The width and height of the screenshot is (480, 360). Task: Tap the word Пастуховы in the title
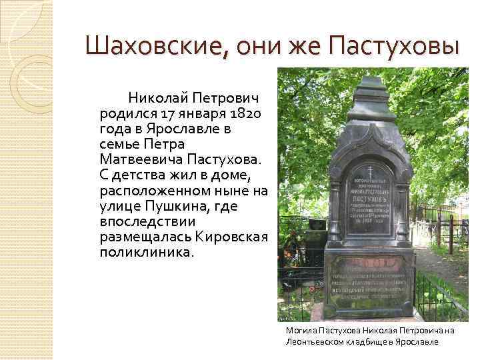[x=399, y=47]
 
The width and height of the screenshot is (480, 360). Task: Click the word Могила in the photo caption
[x=299, y=330]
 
